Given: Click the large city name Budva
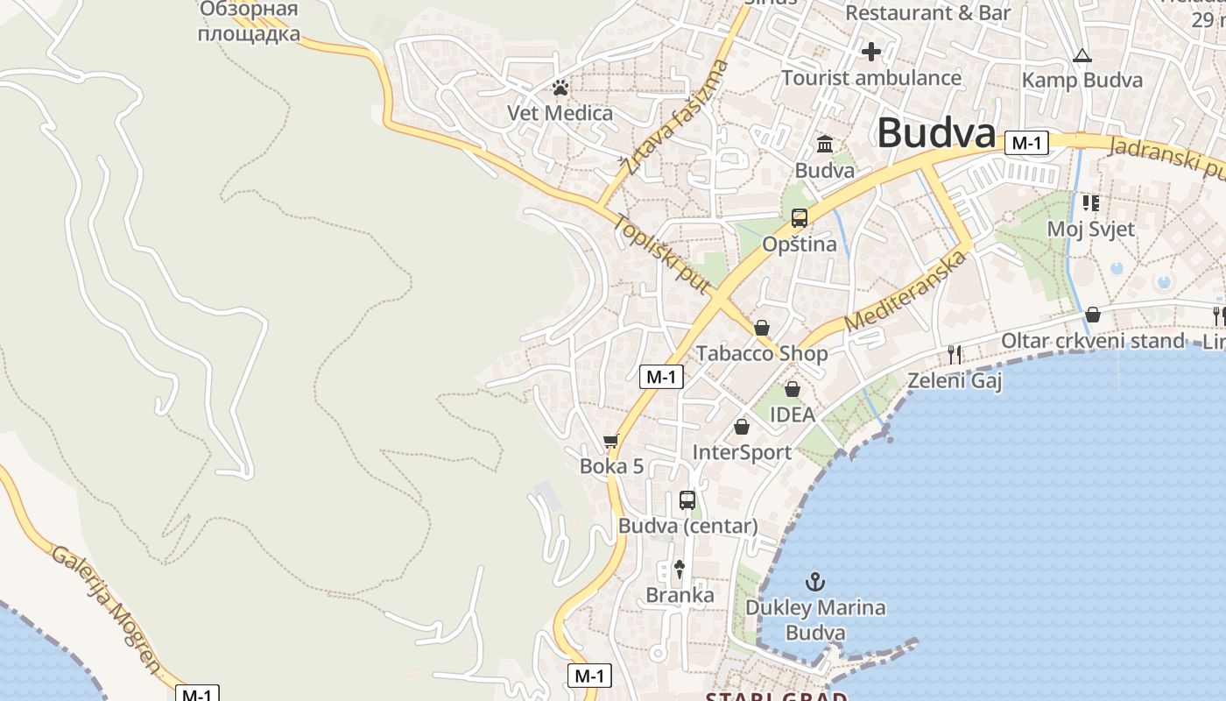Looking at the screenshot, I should (935, 133).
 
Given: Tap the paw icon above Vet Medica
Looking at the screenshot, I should (560, 88).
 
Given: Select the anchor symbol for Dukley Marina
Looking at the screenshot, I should (815, 581).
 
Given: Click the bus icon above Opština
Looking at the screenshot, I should (799, 217).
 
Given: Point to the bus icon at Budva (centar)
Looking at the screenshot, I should (687, 500).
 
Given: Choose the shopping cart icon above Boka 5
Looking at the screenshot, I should (611, 441).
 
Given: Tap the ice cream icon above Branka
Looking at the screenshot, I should (679, 569).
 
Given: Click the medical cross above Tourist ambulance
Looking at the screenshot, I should (870, 52).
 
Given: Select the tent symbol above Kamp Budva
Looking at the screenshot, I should (1082, 56).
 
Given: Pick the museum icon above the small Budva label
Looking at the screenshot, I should (825, 144).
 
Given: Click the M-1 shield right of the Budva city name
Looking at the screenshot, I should (1026, 143).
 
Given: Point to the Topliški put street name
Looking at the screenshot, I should (661, 253).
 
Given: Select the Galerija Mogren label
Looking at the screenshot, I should (106, 610).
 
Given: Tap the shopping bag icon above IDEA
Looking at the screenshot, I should (792, 388).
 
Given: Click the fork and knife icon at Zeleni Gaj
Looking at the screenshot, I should (955, 354).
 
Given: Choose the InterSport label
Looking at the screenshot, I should (742, 452).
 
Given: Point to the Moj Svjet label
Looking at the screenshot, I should (1090, 230).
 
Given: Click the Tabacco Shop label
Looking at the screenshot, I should (762, 353).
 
